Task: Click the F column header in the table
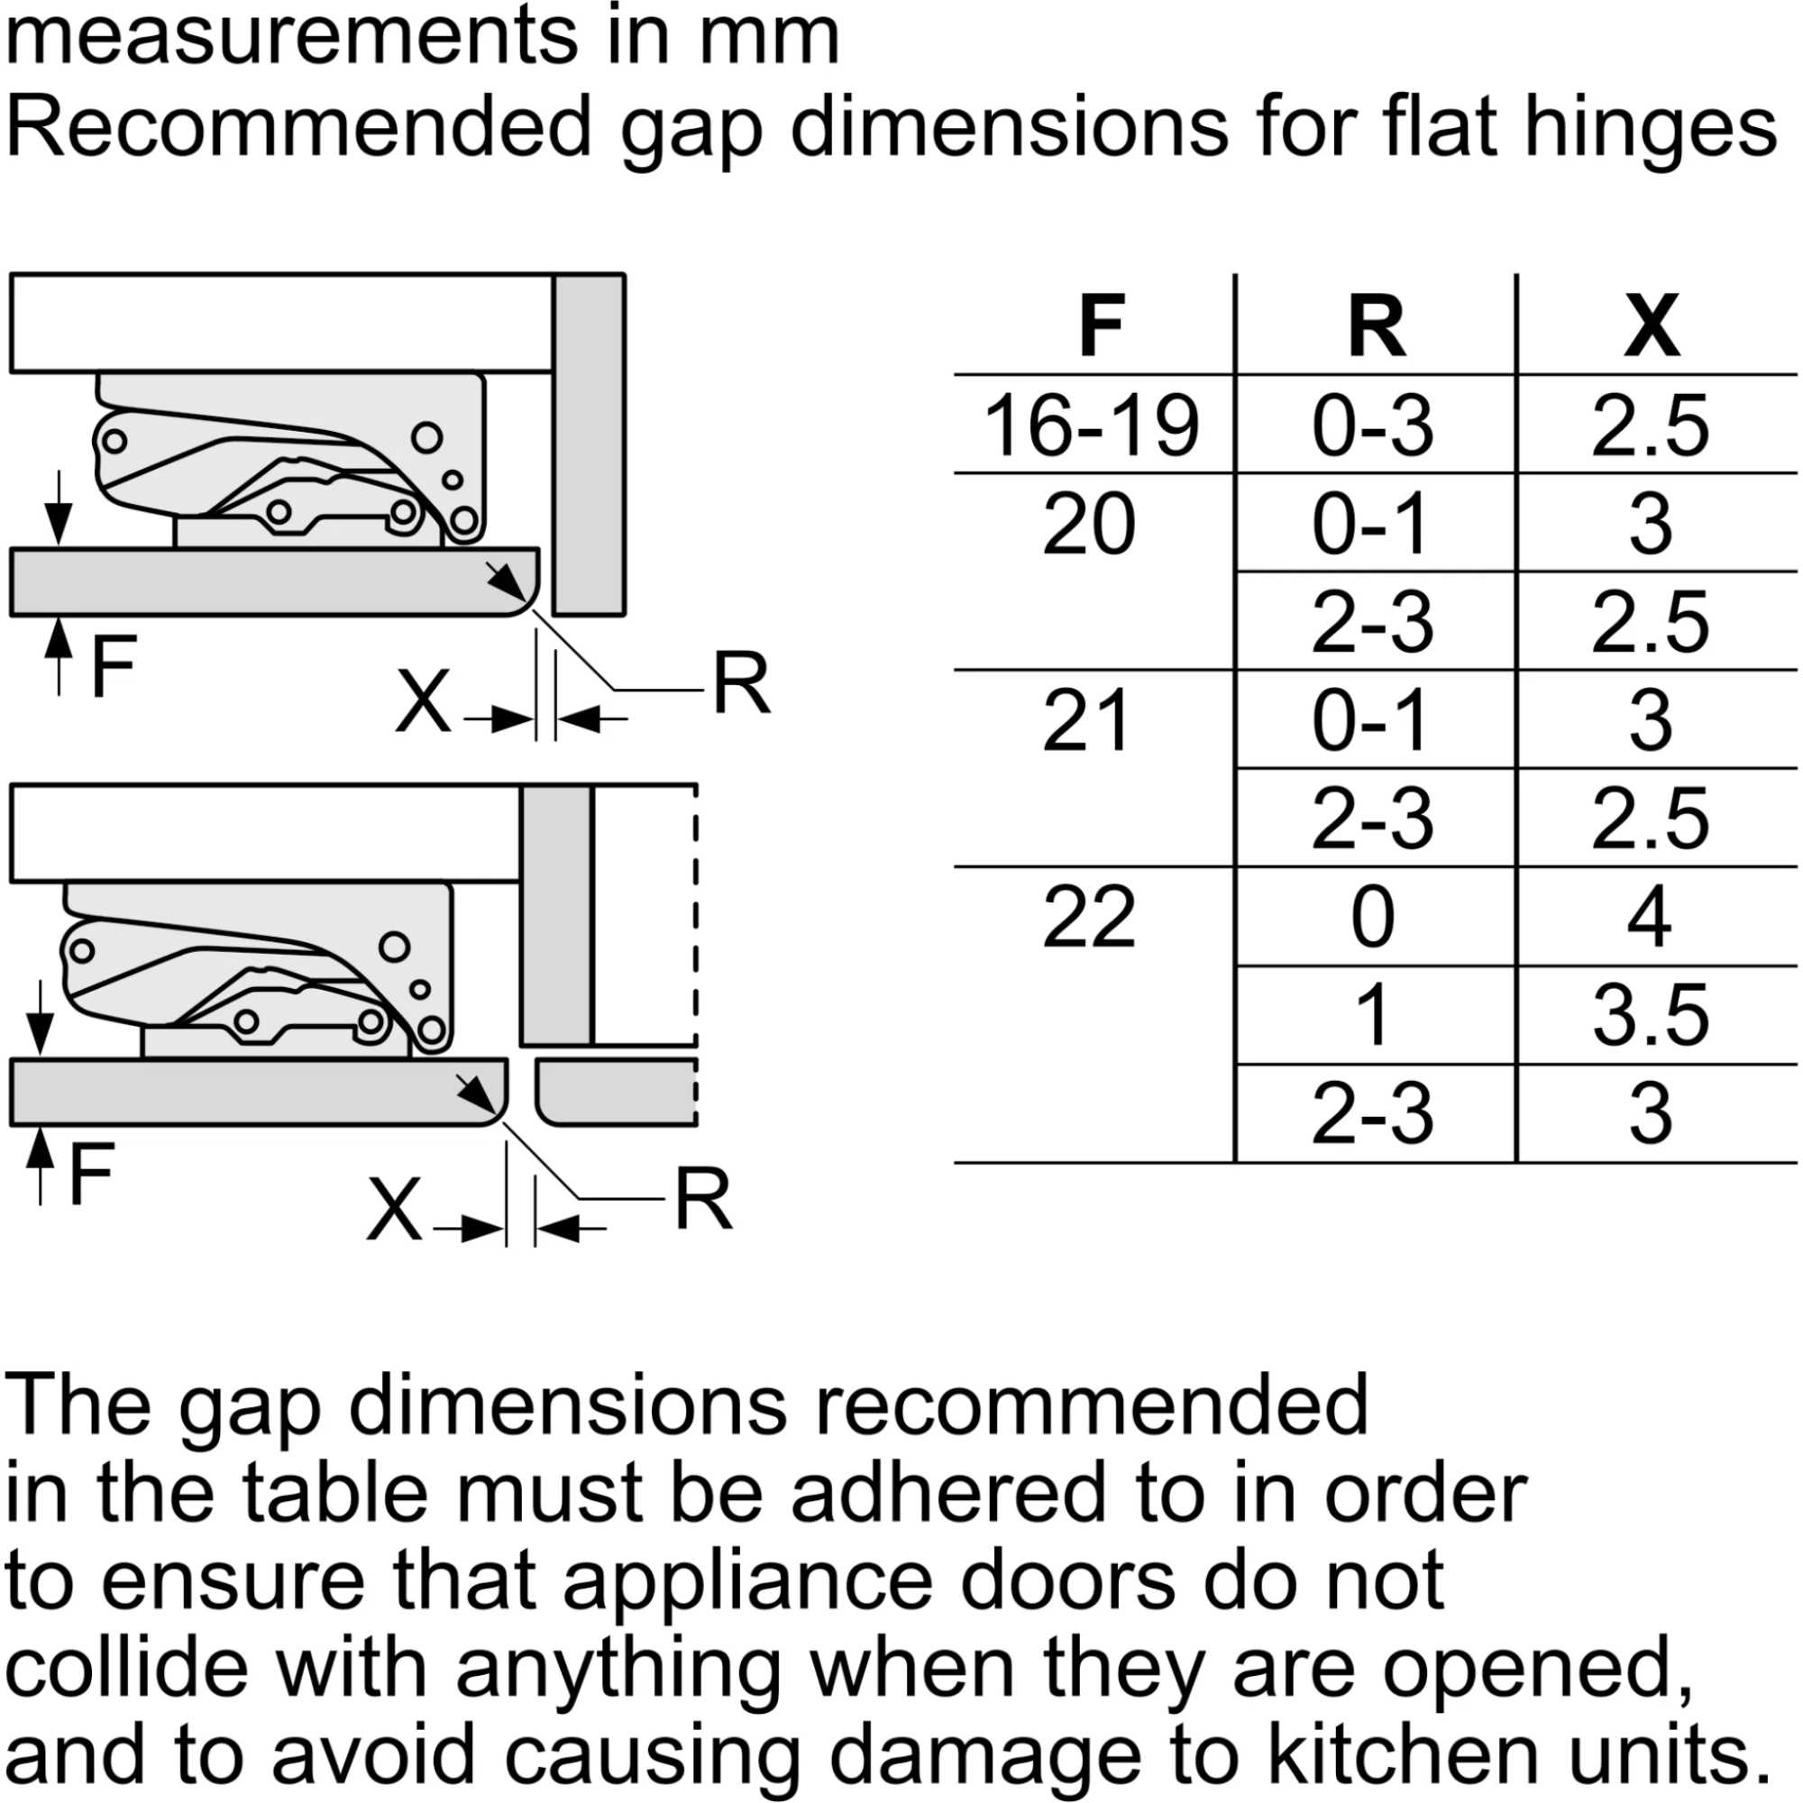tap(1102, 325)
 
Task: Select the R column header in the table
tap(1377, 325)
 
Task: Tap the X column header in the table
tap(1652, 325)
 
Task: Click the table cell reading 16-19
tap(1091, 426)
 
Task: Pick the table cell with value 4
tap(1649, 918)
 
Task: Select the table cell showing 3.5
tap(1651, 1015)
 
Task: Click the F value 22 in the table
tap(1089, 918)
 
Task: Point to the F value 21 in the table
tap(1086, 720)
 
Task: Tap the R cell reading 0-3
tap(1372, 426)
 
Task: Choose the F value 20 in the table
tap(1089, 524)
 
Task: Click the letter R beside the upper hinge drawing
tap(742, 683)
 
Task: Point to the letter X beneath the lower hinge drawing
tap(394, 1210)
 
